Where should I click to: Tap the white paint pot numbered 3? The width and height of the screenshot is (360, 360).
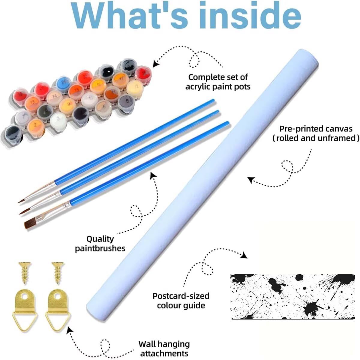click(x=58, y=119)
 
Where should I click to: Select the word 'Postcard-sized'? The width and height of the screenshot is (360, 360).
click(x=181, y=296)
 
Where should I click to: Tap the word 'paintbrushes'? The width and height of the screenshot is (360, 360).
click(x=100, y=248)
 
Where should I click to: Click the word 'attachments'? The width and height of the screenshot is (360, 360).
click(x=164, y=353)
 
